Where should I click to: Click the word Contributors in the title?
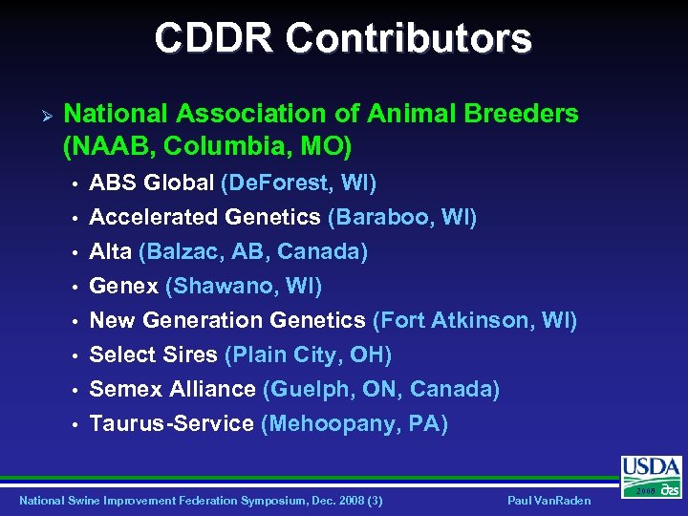pyautogui.click(x=408, y=38)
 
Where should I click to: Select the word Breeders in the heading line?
pyautogui.click(x=521, y=114)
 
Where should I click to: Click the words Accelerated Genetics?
pyautogui.click(x=204, y=217)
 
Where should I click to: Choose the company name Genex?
pyautogui.click(x=124, y=286)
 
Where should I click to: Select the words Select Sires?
pyautogui.click(x=153, y=355)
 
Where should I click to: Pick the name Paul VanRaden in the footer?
pyautogui.click(x=548, y=501)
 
